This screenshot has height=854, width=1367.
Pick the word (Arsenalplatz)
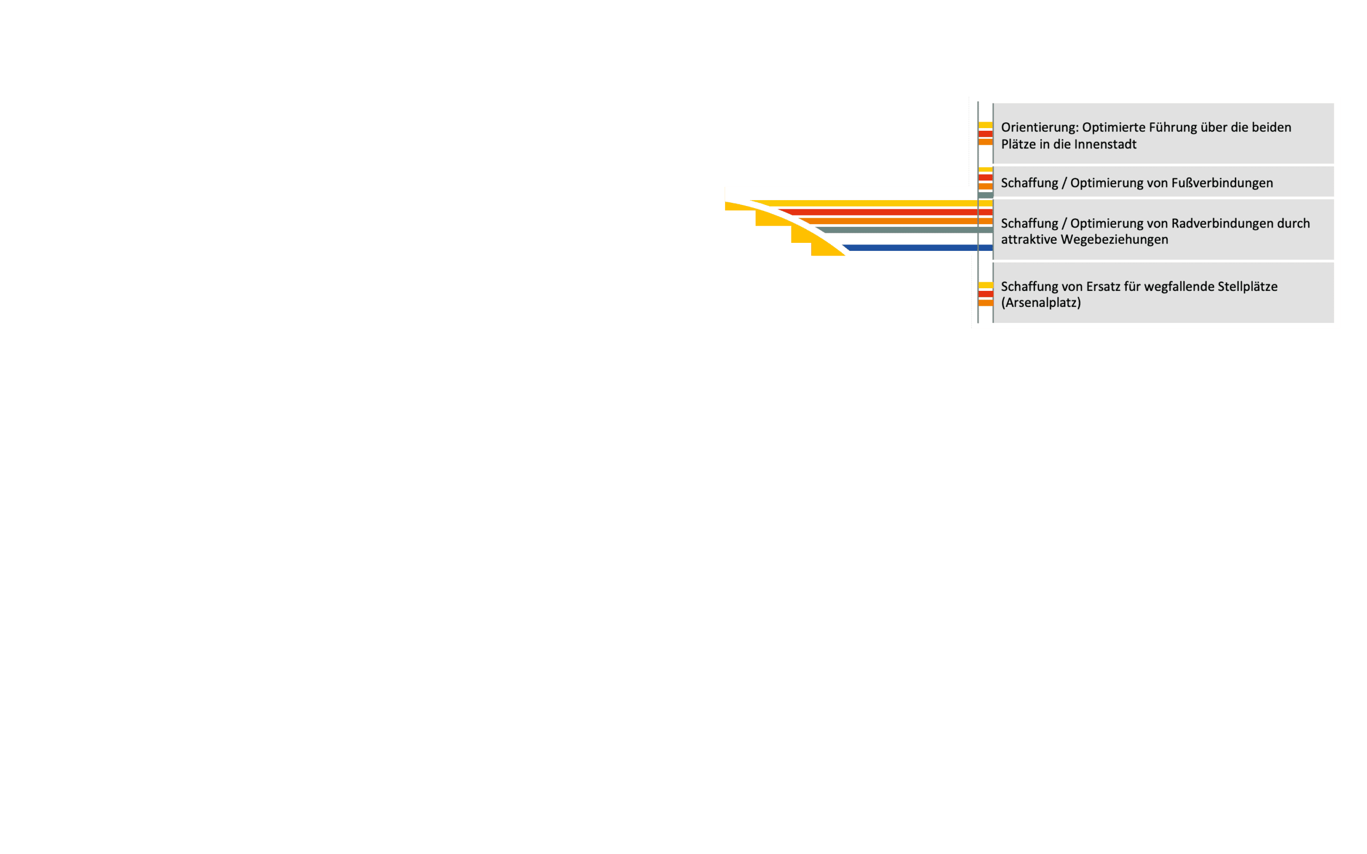coord(1041,303)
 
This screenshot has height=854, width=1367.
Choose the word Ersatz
coord(1106,287)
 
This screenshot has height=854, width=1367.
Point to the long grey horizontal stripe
coord(904,230)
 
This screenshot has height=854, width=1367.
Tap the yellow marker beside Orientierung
coord(985,125)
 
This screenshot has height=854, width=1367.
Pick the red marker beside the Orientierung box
coord(985,134)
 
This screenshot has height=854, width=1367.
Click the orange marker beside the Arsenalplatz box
coord(985,303)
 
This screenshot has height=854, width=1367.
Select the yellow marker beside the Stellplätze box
coord(985,285)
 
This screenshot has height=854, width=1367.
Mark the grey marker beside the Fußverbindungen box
coord(985,195)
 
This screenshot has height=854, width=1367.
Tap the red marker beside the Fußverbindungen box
coord(985,177)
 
